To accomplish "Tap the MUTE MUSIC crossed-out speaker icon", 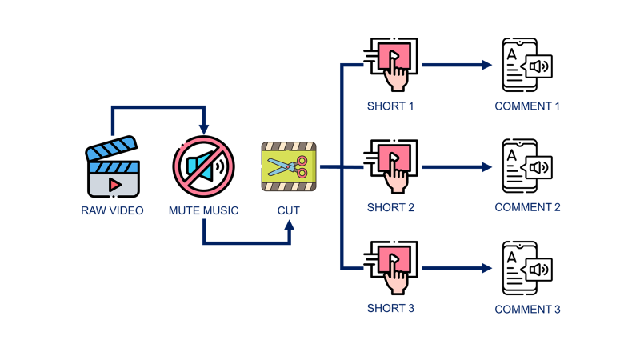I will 203,166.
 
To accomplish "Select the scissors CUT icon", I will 289,166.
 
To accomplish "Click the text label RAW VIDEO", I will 112,211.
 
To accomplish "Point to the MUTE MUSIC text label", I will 203,211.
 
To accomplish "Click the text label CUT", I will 289,211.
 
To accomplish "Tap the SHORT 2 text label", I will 390,208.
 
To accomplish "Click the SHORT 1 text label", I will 390,106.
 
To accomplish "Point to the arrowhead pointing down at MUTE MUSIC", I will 204,128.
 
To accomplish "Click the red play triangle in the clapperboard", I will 115,184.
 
